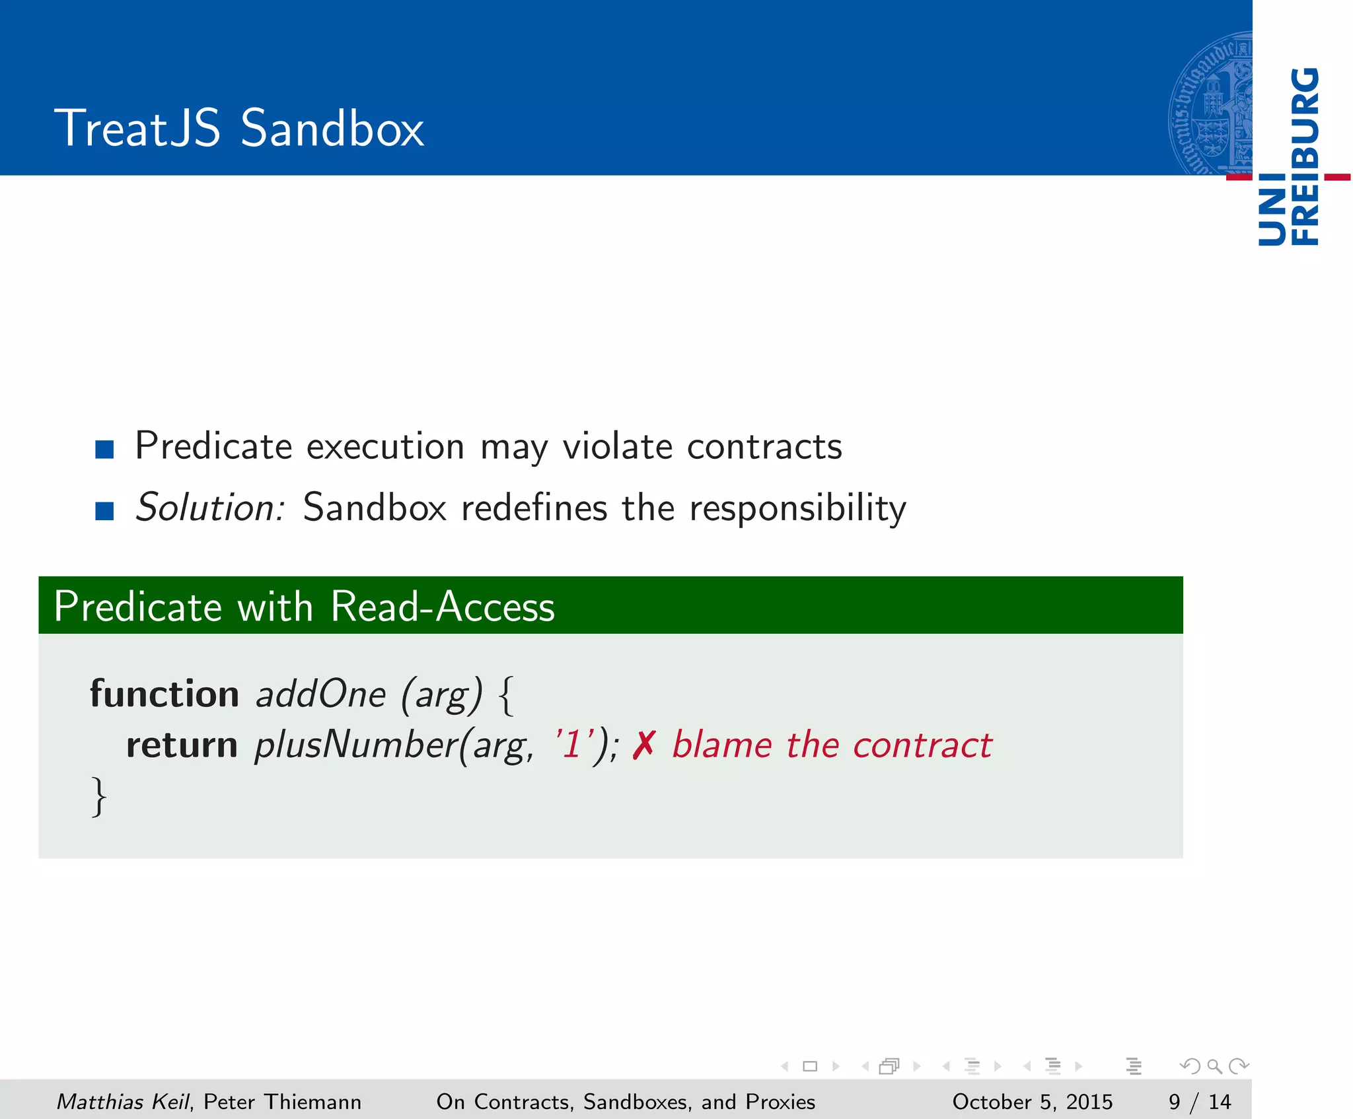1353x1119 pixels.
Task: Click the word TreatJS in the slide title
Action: click(137, 128)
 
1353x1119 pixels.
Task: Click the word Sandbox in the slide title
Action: click(332, 128)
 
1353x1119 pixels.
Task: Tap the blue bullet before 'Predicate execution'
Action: click(104, 450)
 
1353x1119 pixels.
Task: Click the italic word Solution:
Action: click(210, 508)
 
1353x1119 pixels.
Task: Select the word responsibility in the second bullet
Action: click(797, 509)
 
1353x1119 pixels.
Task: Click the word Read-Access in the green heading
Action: click(442, 607)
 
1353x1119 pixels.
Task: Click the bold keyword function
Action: click(165, 695)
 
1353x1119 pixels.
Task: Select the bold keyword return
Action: click(182, 745)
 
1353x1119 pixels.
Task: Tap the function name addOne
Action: click(320, 695)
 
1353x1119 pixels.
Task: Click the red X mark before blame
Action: click(643, 745)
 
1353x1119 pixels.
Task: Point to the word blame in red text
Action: click(721, 745)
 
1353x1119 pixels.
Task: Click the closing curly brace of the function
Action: click(98, 797)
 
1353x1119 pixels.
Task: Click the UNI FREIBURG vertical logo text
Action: click(1289, 157)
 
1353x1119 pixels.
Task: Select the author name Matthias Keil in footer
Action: click(122, 1102)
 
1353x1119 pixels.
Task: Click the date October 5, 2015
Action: click(1032, 1102)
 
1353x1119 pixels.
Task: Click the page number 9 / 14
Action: click(1199, 1102)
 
